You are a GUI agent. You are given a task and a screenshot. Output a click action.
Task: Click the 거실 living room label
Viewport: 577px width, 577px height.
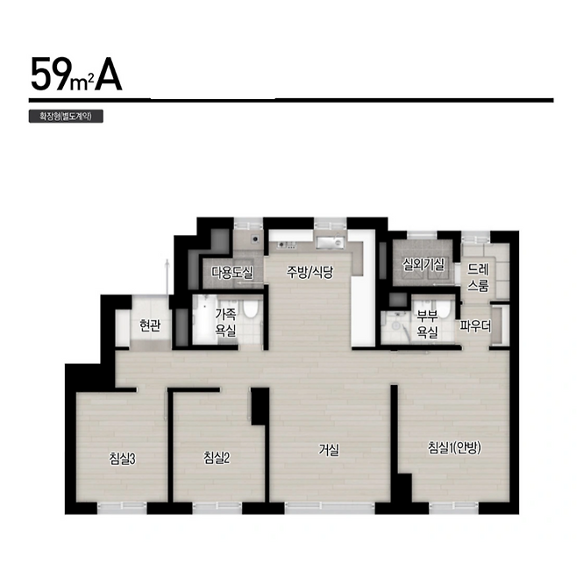[x=329, y=449]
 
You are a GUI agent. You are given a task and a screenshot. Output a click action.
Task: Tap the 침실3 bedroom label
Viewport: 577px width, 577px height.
[x=123, y=459]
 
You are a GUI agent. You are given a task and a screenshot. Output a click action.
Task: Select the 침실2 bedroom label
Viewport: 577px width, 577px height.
[x=217, y=458]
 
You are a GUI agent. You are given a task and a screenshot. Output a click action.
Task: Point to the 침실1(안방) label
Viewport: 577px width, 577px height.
[x=454, y=448]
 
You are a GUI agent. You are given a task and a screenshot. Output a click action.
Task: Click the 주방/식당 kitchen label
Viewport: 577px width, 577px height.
[x=310, y=273]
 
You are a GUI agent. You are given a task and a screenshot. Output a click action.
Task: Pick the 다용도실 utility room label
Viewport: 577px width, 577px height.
[x=232, y=273]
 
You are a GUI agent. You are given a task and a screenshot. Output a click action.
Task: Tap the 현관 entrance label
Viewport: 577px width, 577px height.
[x=150, y=325]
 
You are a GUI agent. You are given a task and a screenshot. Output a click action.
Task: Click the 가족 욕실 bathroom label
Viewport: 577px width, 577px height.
[x=225, y=323]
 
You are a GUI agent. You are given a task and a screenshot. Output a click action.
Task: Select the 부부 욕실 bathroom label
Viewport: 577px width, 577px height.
[x=427, y=324]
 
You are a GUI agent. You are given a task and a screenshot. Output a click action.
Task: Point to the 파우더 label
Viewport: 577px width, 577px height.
[x=475, y=326]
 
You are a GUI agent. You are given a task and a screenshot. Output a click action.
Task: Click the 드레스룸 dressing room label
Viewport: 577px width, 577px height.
[x=478, y=277]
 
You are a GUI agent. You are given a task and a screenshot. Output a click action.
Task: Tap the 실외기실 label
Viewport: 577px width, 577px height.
[x=424, y=264]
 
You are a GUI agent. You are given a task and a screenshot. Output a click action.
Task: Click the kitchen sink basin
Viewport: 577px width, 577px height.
[x=330, y=242]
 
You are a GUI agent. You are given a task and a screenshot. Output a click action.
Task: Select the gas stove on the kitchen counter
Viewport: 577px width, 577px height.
[x=287, y=244]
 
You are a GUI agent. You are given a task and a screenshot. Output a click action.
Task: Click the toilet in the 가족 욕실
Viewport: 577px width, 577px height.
[x=252, y=310]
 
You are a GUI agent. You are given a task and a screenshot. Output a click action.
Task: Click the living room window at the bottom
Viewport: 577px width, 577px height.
[x=330, y=509]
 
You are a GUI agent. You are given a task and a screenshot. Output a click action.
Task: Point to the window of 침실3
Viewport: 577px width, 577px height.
[x=122, y=509]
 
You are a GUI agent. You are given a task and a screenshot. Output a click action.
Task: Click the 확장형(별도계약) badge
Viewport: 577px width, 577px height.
[x=66, y=117]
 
